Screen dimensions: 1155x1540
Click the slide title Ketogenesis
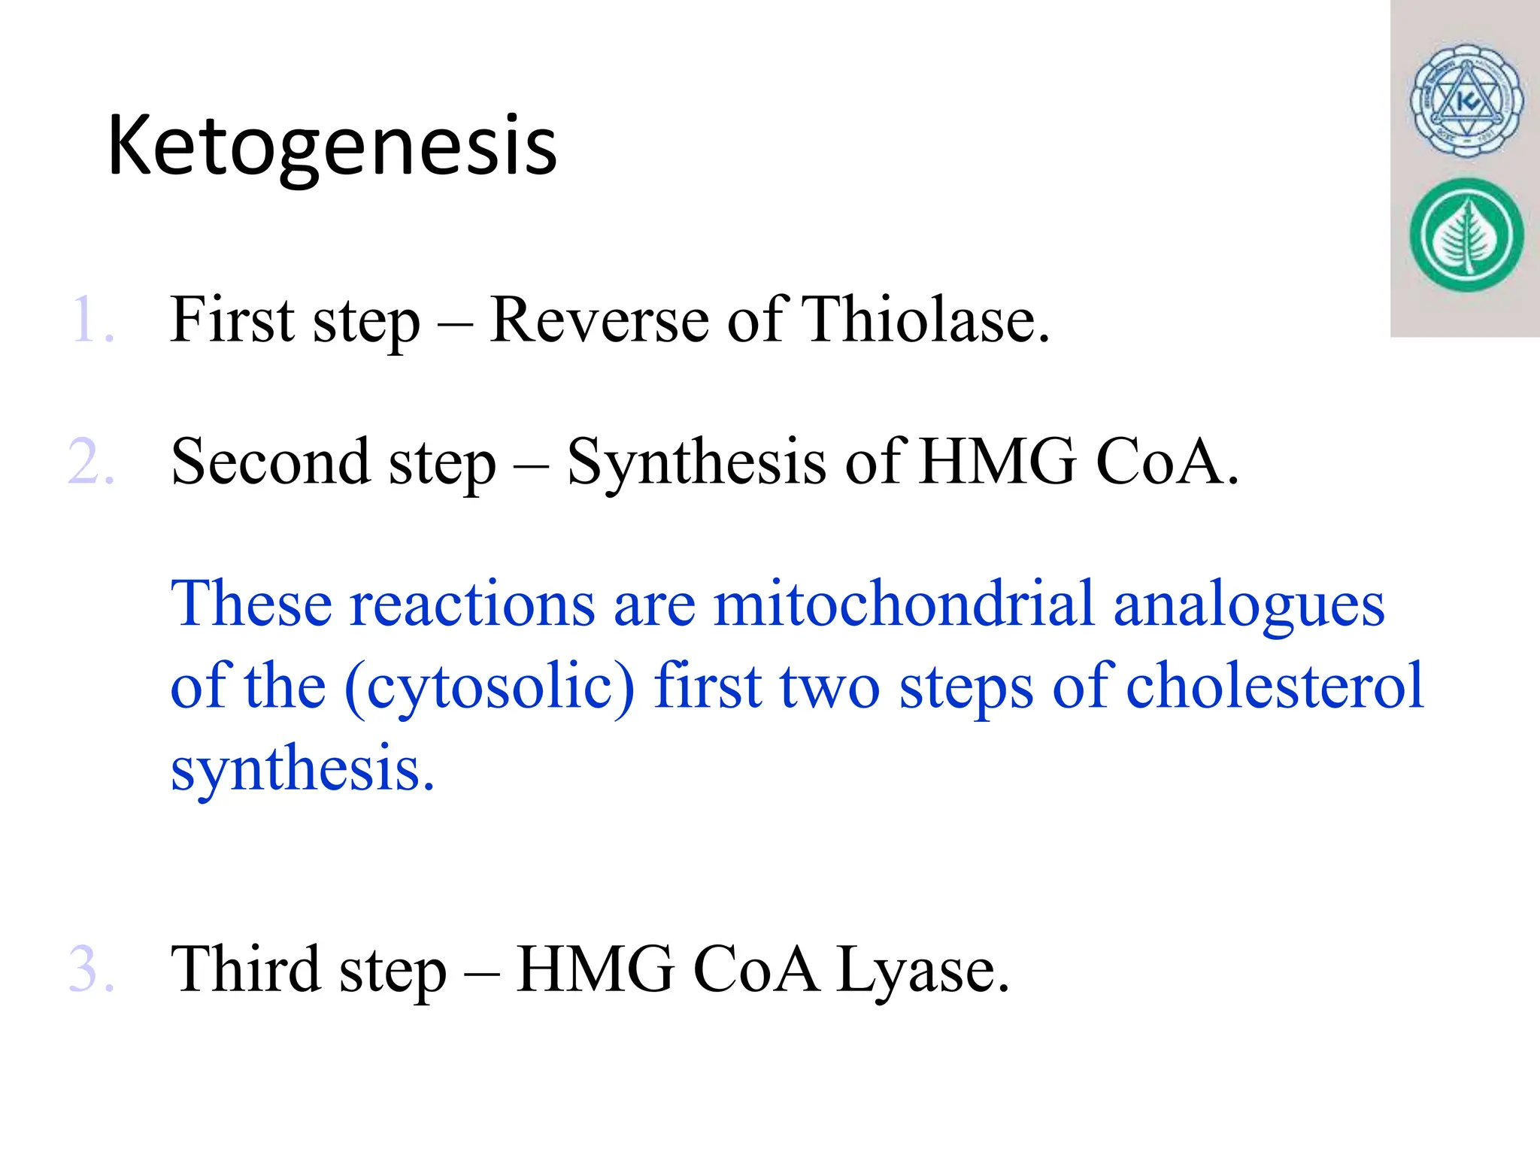332,147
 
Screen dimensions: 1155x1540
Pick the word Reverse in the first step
599,320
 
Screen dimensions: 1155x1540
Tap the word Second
270,461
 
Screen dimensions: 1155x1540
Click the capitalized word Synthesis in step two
696,462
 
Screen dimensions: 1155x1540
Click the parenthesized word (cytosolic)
490,687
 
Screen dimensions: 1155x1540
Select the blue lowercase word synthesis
302,768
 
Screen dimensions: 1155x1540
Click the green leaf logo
1466,235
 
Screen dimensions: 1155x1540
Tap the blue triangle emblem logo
1466,101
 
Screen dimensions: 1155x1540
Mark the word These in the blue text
251,603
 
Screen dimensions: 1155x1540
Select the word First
232,320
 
